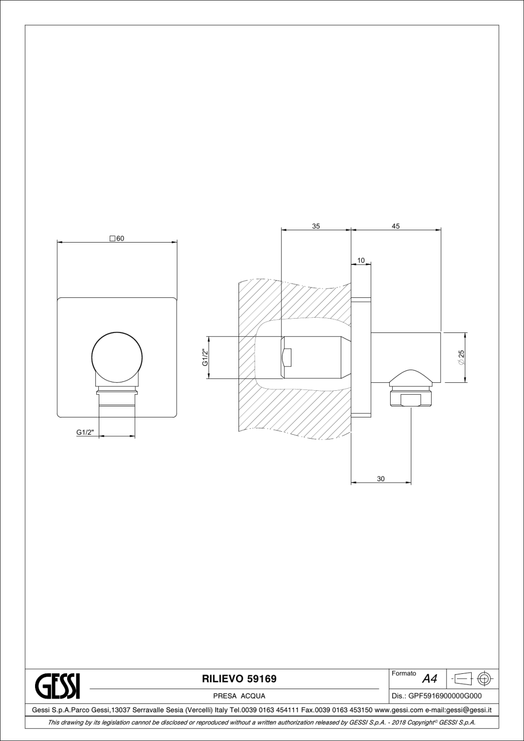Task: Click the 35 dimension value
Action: (x=316, y=226)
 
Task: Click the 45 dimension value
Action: (x=396, y=226)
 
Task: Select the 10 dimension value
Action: (x=361, y=260)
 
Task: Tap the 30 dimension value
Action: (x=381, y=479)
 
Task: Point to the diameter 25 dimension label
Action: (x=460, y=358)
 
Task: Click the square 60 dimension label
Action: (x=117, y=238)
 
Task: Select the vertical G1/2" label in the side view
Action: (x=203, y=358)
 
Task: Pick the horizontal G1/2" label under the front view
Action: (x=85, y=432)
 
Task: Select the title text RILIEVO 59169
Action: (x=240, y=679)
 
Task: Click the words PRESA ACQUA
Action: (x=239, y=696)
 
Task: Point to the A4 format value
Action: (x=430, y=679)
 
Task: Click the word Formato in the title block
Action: (x=403, y=673)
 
